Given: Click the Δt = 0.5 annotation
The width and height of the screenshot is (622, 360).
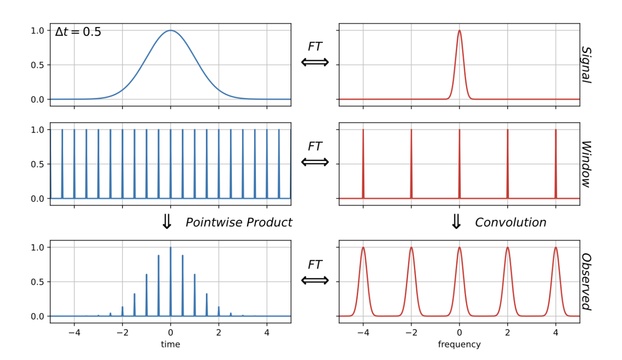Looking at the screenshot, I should point(78,32).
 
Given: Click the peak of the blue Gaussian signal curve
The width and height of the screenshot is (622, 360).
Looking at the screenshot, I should point(170,30).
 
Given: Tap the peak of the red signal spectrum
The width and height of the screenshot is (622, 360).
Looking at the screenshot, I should point(459,31).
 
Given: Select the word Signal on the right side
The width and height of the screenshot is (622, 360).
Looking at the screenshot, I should point(586,64).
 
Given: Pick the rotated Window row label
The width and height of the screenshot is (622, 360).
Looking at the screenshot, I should point(586,164).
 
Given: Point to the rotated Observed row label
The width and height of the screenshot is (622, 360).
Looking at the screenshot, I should point(586,282).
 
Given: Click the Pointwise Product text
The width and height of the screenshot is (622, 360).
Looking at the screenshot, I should point(239,222).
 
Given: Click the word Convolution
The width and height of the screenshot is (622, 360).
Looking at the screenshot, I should point(510,222).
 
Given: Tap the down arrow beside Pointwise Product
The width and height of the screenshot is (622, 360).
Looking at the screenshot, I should point(167,222).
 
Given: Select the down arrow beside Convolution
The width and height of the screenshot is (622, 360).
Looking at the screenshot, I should point(456,222).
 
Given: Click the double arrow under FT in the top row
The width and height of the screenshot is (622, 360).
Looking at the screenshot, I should point(315,63).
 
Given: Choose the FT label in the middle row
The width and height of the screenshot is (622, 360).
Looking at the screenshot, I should point(315,146).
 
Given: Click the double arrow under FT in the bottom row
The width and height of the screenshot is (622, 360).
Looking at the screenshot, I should point(315,280).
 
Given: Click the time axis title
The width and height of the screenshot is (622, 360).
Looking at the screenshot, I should point(170,344).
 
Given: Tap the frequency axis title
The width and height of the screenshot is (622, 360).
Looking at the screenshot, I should point(459,344).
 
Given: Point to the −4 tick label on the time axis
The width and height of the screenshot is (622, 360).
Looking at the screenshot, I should point(74,333).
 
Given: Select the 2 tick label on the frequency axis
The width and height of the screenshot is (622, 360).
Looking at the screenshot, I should point(508,333).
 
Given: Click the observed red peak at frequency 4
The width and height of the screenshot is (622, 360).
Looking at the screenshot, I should point(555,248).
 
